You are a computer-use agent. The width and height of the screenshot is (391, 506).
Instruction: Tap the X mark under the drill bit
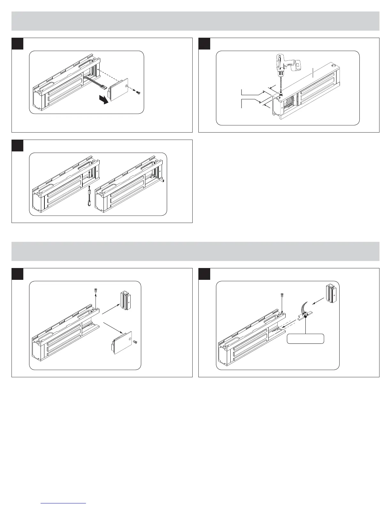point(280,95)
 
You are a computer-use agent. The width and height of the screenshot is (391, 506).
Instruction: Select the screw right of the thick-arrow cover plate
point(138,93)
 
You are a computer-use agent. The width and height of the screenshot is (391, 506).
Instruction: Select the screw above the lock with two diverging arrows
point(95,291)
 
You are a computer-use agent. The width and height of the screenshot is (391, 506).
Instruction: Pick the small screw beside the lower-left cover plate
point(134,342)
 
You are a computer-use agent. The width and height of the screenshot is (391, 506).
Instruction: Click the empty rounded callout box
point(306,339)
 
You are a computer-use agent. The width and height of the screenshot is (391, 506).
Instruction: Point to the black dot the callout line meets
point(306,316)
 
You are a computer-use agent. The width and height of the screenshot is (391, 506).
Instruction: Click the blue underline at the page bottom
point(64,503)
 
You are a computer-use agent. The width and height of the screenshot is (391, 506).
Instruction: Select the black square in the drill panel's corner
point(204,44)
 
